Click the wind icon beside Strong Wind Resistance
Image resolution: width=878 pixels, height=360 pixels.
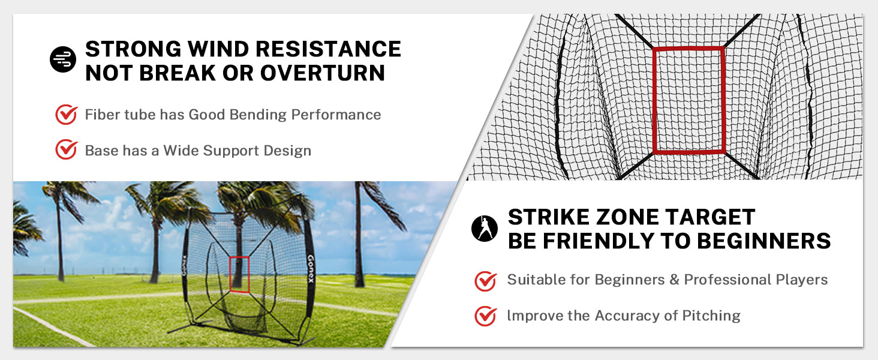63,59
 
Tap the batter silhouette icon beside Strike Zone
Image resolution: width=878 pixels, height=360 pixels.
485,228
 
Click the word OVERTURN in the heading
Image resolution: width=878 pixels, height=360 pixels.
323,73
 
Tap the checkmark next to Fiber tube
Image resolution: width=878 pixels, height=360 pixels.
66,115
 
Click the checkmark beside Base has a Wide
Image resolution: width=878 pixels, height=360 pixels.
66,150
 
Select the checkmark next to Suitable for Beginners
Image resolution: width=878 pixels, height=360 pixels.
486,281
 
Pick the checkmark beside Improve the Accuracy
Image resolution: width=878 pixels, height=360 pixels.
486,316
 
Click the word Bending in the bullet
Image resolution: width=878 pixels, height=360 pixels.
258,115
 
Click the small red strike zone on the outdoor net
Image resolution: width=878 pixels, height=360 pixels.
239,275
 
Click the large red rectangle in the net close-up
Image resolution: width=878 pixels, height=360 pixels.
688,100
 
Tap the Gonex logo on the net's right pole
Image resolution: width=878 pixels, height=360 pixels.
311,269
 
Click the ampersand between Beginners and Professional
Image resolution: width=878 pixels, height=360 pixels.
674,280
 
